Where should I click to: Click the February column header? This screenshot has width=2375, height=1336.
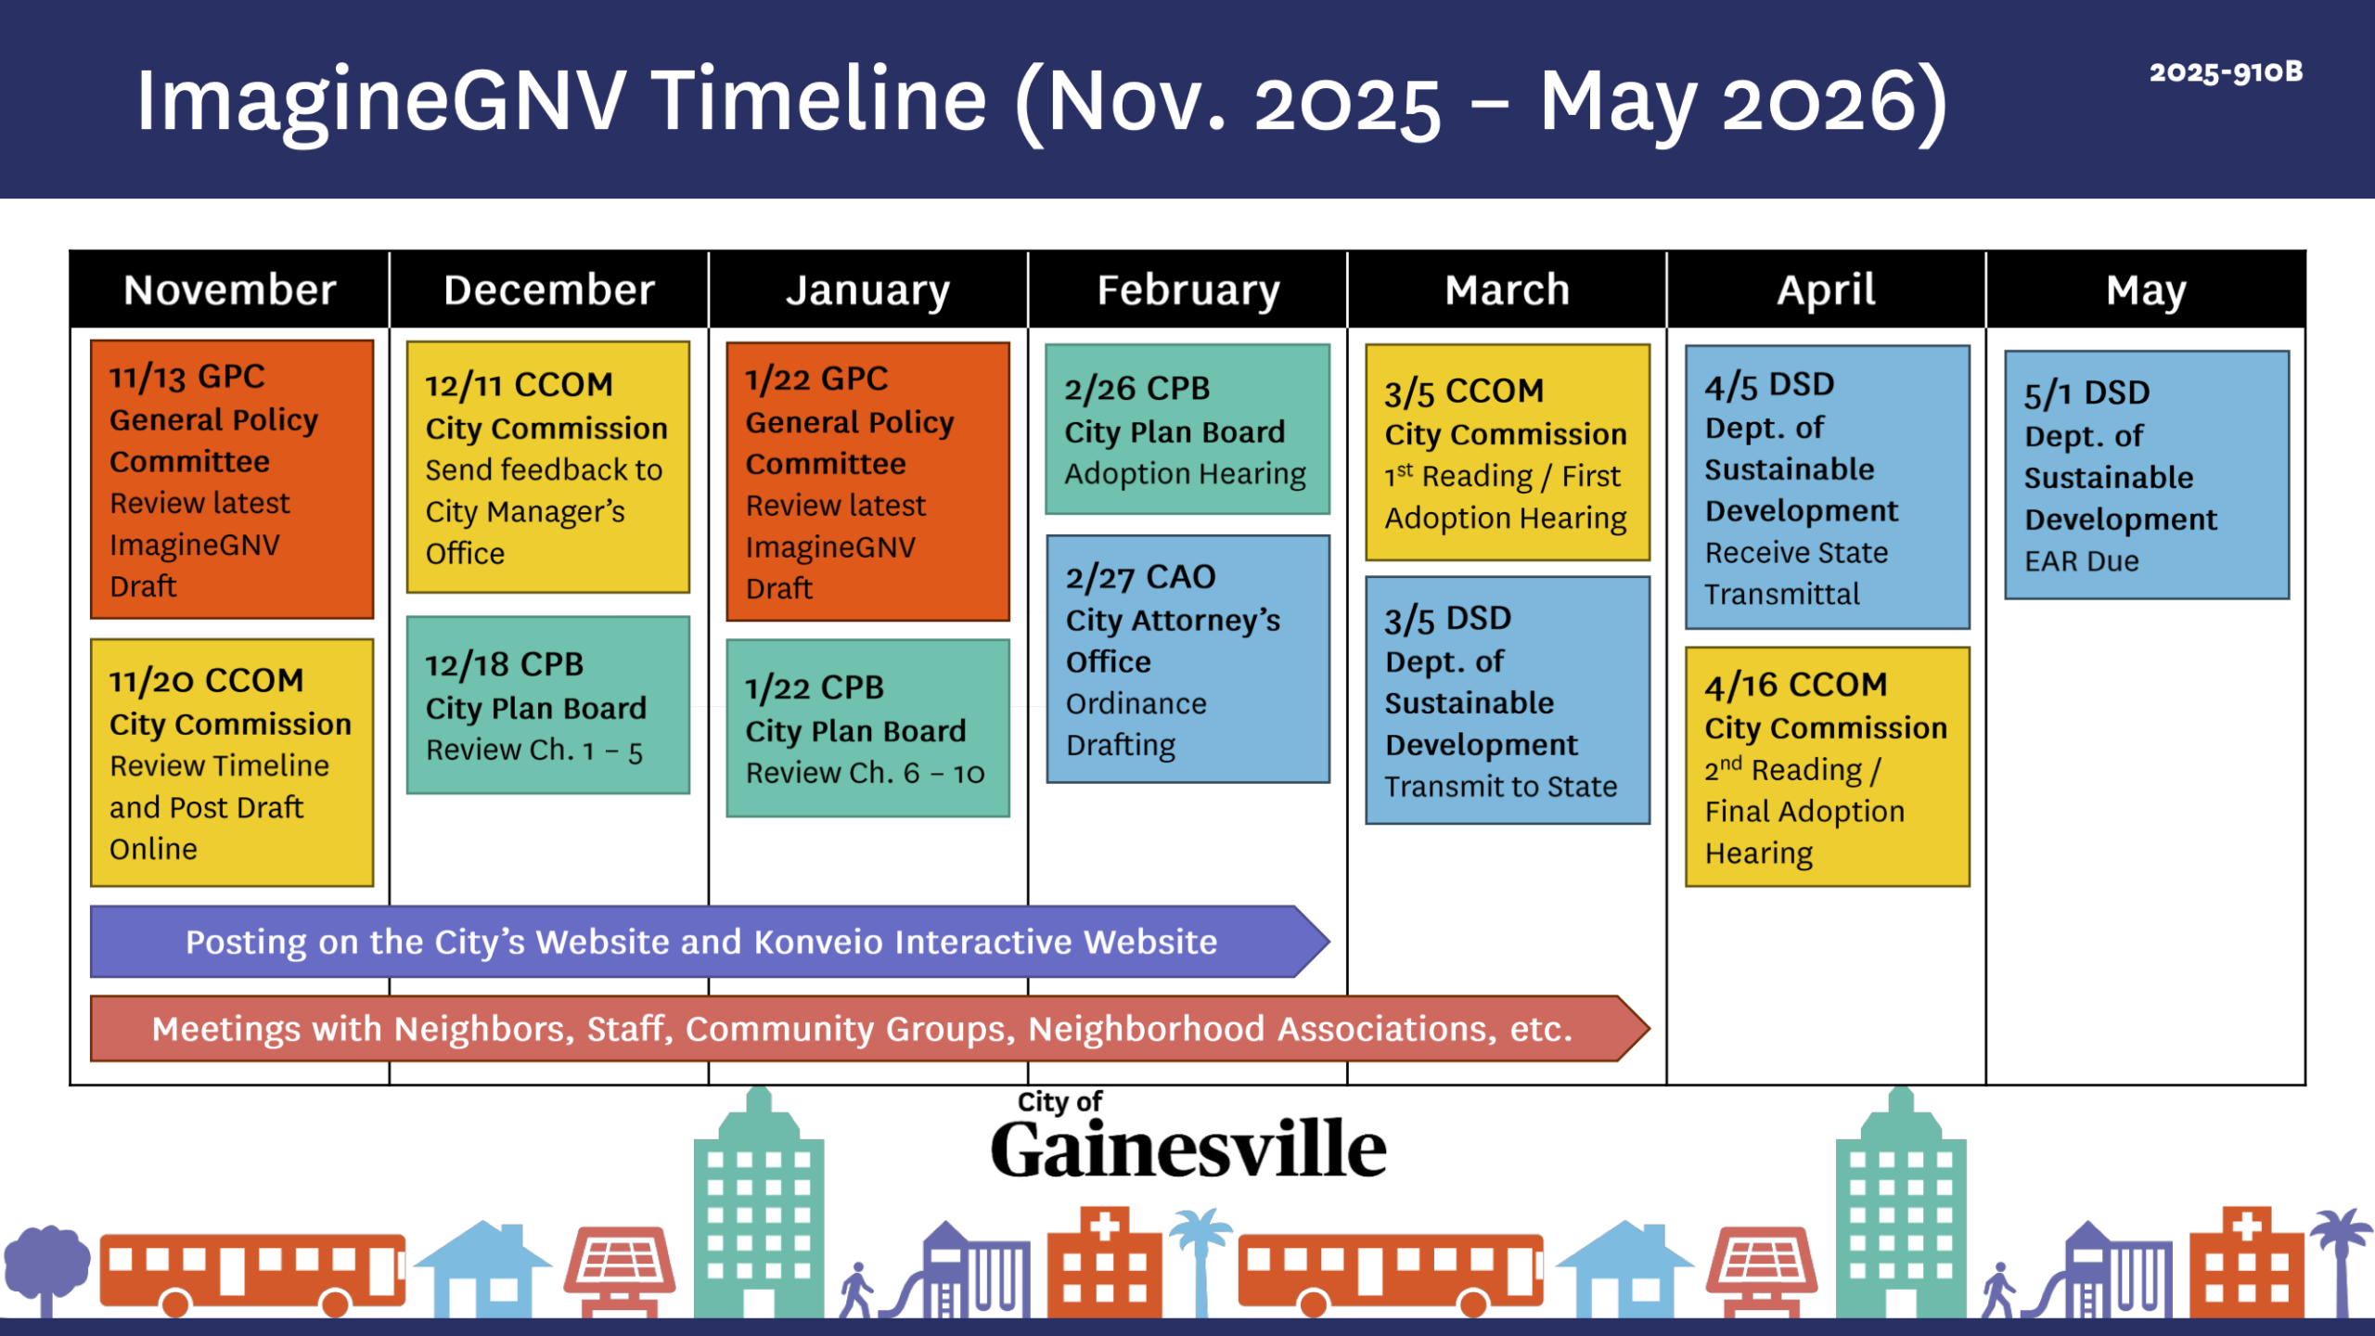[1187, 289]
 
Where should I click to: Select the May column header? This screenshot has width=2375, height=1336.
[2146, 289]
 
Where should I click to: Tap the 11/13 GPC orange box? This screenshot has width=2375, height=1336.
[232, 480]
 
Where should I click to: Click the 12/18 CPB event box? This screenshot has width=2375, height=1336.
[548, 705]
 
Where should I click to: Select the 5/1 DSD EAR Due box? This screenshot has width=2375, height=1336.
[2147, 475]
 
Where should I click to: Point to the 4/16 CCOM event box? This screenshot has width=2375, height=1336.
[1828, 767]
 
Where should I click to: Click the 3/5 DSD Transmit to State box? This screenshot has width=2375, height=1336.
[1508, 700]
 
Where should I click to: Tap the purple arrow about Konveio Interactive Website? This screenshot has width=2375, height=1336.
[710, 942]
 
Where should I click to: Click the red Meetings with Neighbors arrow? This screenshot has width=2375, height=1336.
[870, 1029]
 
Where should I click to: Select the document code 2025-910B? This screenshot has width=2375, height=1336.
[2226, 72]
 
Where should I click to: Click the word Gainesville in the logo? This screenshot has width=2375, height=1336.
[1188, 1149]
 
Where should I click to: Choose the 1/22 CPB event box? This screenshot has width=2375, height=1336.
[867, 728]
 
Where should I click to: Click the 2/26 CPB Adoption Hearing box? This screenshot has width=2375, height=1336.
[1187, 430]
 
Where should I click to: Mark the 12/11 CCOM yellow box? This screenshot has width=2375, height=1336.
[548, 468]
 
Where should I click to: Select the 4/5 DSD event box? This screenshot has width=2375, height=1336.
[1828, 487]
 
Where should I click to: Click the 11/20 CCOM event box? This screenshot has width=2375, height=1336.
[232, 763]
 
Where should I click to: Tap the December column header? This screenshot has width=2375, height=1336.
[549, 289]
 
